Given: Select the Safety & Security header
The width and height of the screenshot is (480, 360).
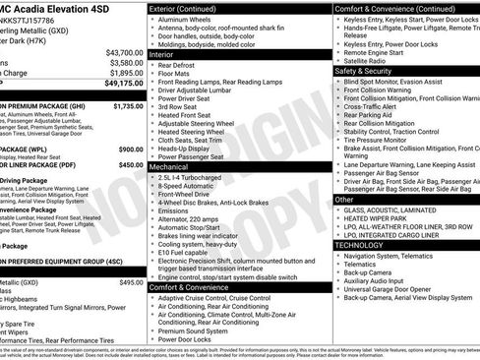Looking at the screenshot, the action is pyautogui.click(x=372, y=71).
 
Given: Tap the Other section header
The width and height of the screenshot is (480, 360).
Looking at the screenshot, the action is pyautogui.click(x=344, y=199).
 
